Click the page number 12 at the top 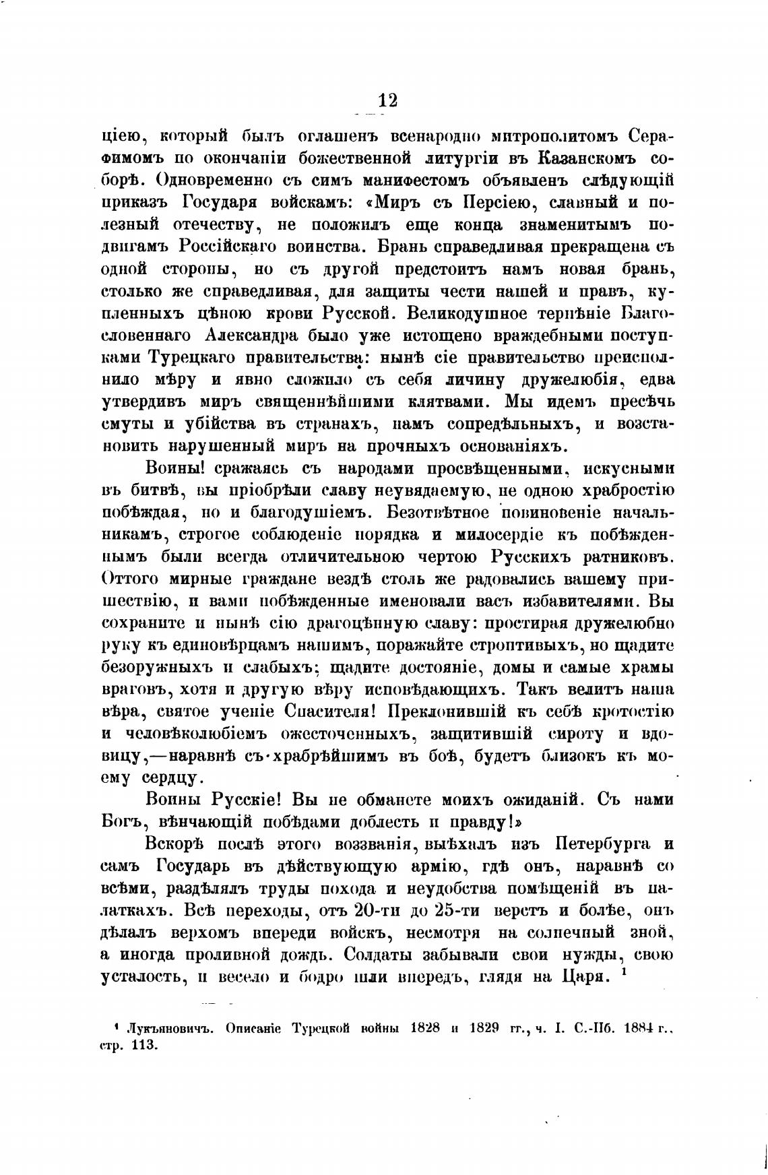(387, 101)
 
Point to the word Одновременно (215, 183)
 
